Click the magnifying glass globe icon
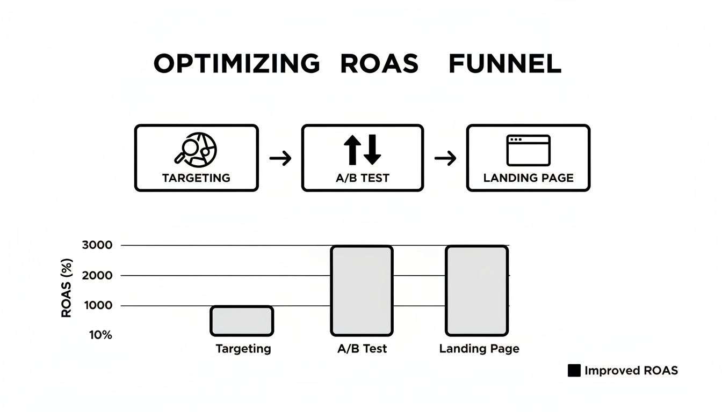[196, 149]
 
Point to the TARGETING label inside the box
[196, 178]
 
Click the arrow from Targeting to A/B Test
[280, 158]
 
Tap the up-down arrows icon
[363, 150]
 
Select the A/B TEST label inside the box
[363, 178]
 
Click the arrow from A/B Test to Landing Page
[445, 158]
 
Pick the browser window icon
[528, 150]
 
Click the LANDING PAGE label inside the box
[528, 178]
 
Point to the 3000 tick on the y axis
[97, 245]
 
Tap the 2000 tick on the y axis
[97, 275]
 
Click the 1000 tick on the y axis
[97, 305]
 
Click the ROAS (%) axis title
[67, 288]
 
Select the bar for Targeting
[242, 321]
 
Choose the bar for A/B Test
[362, 290]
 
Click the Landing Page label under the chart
[479, 349]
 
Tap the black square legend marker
[574, 371]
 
